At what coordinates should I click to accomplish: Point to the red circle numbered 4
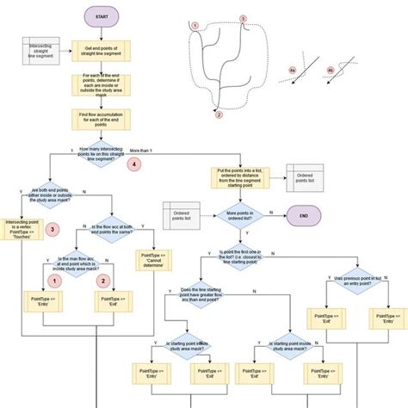(133, 163)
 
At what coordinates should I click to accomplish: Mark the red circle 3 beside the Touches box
(53, 229)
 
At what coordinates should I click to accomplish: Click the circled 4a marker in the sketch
(292, 71)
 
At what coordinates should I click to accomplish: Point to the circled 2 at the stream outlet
(219, 114)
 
